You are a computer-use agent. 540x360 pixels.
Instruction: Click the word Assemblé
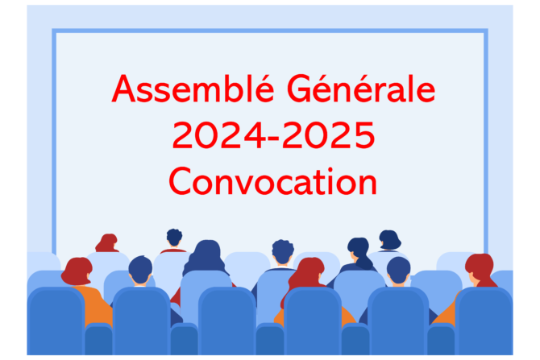(193, 89)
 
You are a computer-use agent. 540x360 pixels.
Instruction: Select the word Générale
(361, 89)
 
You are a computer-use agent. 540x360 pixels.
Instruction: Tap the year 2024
(218, 135)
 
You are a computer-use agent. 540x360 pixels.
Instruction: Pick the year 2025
(328, 135)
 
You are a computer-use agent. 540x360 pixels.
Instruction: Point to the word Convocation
(273, 181)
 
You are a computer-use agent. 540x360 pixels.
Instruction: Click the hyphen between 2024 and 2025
(273, 138)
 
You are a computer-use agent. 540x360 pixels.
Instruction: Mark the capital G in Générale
(301, 89)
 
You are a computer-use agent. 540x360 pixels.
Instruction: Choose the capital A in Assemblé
(123, 89)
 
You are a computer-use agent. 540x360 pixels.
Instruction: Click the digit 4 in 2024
(255, 135)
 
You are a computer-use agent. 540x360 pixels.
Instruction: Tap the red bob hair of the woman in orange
(77, 271)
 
